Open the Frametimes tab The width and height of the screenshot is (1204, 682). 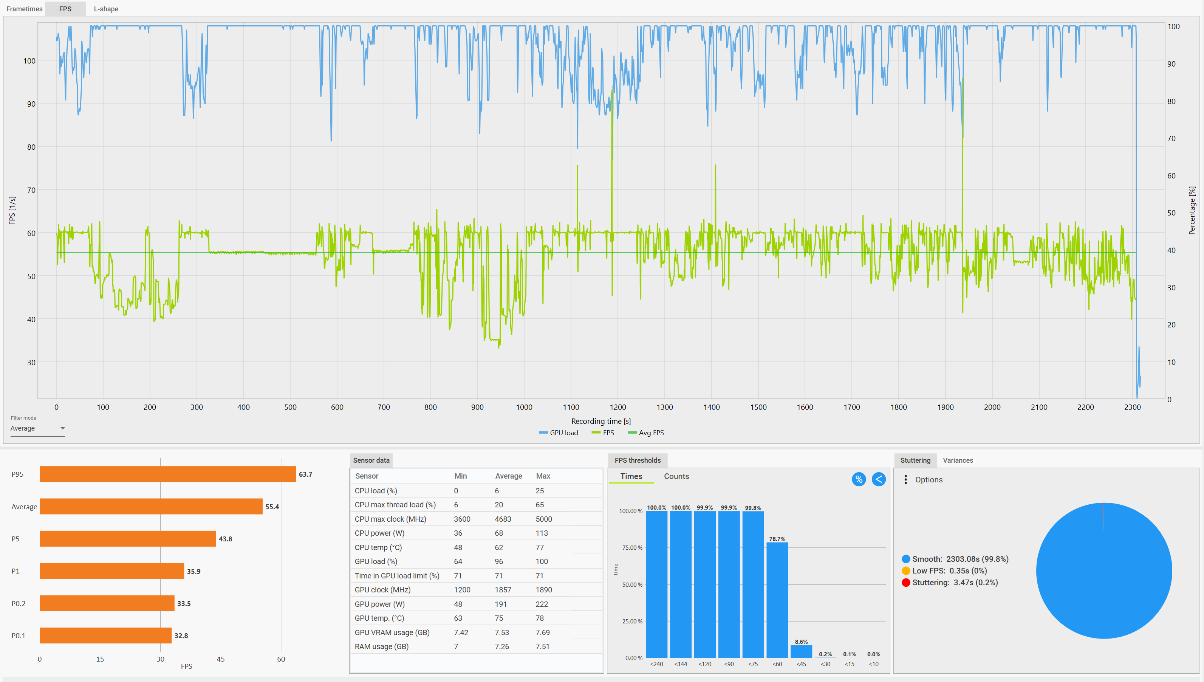(x=24, y=9)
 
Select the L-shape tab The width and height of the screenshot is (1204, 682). (x=106, y=9)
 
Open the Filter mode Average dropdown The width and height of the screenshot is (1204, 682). (x=37, y=429)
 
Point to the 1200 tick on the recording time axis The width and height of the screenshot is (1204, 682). (x=618, y=407)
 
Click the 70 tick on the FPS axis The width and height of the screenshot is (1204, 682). (x=31, y=190)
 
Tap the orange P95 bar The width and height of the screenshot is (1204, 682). (x=167, y=474)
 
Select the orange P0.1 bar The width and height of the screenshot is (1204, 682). (x=105, y=635)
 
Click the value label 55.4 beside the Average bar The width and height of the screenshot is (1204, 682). (x=272, y=507)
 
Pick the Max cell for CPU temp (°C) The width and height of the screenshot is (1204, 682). (x=540, y=547)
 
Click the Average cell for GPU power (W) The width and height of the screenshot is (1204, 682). (x=501, y=604)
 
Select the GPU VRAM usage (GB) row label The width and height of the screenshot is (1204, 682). (x=392, y=632)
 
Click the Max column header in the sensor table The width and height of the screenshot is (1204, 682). (x=543, y=476)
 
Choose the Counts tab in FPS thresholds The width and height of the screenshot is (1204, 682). (x=676, y=476)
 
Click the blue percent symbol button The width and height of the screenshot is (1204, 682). (x=859, y=479)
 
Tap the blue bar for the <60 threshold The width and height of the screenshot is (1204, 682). (x=777, y=600)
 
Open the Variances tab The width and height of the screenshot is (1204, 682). (x=958, y=460)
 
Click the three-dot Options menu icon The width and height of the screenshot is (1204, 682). (x=906, y=480)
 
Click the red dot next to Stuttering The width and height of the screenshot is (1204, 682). (x=906, y=583)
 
